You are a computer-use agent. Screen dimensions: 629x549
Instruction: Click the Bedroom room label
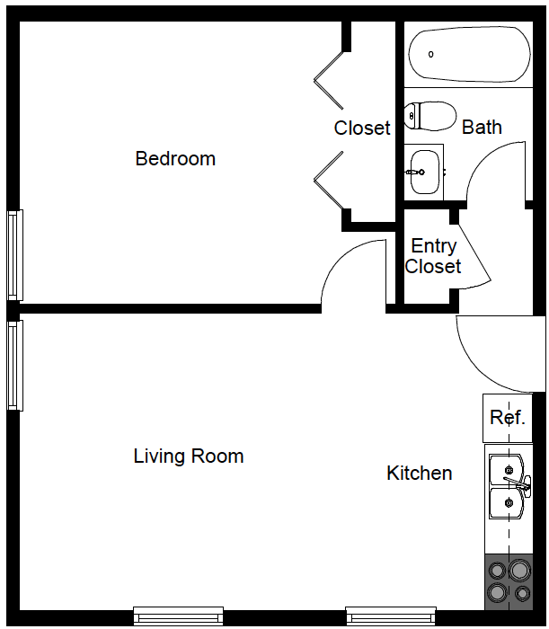click(175, 159)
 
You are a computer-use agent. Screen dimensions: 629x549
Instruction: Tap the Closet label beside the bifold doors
click(362, 128)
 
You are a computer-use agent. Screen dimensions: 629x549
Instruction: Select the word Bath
click(482, 128)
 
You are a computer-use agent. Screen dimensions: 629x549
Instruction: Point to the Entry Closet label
click(433, 256)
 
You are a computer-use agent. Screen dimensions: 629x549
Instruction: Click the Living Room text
click(189, 456)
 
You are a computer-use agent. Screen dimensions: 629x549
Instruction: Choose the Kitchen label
click(420, 474)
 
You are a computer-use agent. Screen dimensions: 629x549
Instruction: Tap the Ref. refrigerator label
click(507, 418)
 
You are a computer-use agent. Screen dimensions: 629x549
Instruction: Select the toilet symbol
click(430, 116)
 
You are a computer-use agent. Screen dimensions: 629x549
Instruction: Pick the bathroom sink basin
click(424, 170)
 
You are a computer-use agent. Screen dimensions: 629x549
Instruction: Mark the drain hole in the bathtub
click(431, 55)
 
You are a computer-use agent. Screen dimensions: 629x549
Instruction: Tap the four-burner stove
click(508, 580)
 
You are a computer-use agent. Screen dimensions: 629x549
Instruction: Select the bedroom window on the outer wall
click(14, 255)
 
